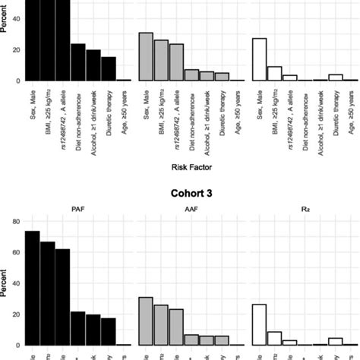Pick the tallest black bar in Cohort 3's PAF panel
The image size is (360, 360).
pos(32,288)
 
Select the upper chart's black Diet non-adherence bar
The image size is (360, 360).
pos(78,62)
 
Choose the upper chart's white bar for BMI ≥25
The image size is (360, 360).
pos(273,73)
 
